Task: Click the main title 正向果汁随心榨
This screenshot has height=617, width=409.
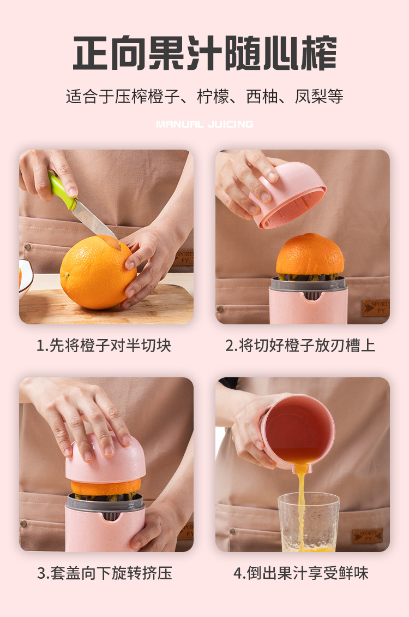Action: tap(204, 53)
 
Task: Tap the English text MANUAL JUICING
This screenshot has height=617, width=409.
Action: tap(204, 124)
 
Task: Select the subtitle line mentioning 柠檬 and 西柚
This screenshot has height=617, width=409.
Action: tap(204, 97)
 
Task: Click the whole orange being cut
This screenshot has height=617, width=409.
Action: tap(98, 272)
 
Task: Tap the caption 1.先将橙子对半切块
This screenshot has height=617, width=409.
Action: tap(104, 346)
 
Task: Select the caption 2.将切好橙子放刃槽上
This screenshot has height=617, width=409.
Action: tap(300, 346)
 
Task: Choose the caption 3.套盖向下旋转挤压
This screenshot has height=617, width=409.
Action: tap(105, 573)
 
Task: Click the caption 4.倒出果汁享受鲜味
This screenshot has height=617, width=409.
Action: tap(301, 573)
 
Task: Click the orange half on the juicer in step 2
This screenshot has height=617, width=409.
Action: tap(310, 254)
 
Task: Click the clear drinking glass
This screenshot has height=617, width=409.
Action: tap(309, 522)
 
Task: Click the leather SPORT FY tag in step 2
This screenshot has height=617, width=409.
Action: tap(376, 308)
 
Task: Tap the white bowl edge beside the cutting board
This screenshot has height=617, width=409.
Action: tap(26, 277)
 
